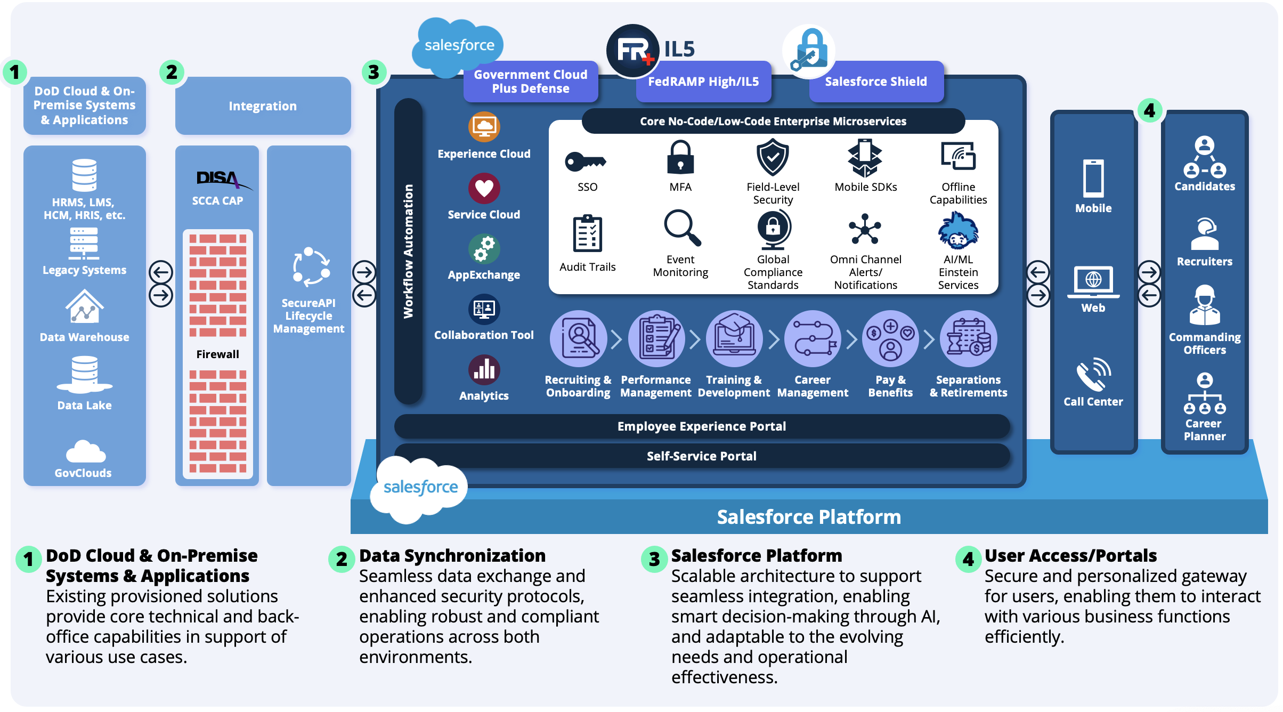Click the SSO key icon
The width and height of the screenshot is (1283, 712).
pos(585,161)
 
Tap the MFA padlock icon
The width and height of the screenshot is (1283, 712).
pos(680,158)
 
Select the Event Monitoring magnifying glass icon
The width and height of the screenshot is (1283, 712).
pos(681,228)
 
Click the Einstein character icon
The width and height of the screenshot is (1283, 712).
pos(958,231)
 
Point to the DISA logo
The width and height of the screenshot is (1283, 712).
pos(218,178)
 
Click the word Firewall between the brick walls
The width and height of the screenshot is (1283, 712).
pos(217,354)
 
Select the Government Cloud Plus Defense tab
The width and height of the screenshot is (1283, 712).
pos(531,82)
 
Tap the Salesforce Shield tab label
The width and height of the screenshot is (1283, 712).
pos(876,82)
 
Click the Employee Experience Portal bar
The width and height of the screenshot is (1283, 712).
pos(702,426)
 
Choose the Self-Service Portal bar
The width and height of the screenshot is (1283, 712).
pos(702,456)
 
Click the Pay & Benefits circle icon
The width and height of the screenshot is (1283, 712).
pos(890,339)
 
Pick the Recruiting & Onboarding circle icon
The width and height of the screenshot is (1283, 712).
pos(579,339)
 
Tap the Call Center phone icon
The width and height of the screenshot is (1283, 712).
pos(1093,374)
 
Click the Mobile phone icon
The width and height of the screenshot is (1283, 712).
pos(1093,179)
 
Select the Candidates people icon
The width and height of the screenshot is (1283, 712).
pos(1205,158)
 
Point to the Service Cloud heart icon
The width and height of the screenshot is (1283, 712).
pos(484,188)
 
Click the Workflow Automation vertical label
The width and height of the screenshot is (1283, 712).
pos(408,251)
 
